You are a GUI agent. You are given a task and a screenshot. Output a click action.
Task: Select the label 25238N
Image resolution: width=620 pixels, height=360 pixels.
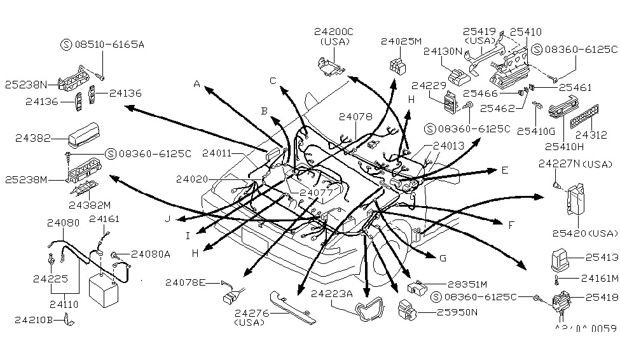click(26, 83)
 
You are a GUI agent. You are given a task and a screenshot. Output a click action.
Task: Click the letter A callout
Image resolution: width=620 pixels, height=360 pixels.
click(197, 83)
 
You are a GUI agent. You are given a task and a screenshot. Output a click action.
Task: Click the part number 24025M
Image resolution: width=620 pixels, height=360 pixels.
click(401, 41)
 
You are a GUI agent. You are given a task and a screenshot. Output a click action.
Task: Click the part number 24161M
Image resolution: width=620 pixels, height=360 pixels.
click(596, 278)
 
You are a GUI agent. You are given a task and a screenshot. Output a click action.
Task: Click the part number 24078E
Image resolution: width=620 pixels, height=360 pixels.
click(184, 282)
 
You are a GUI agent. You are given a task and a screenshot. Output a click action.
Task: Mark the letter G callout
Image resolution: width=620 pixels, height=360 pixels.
click(443, 258)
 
